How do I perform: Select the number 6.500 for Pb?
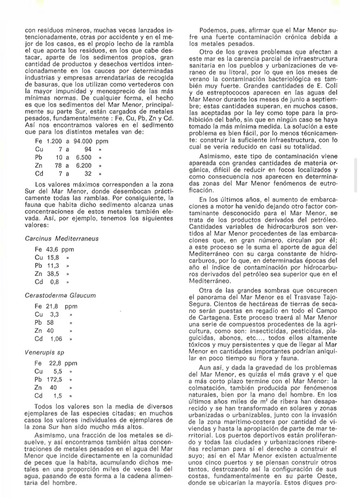click(84, 157)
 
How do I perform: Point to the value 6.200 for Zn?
click(84, 165)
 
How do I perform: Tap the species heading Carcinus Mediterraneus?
click(61, 239)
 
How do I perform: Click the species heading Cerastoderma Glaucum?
click(60, 295)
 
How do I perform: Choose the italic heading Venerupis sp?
click(44, 352)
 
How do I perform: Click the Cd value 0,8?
click(55, 282)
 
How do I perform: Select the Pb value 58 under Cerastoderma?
click(50, 323)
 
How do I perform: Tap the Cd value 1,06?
click(56, 339)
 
